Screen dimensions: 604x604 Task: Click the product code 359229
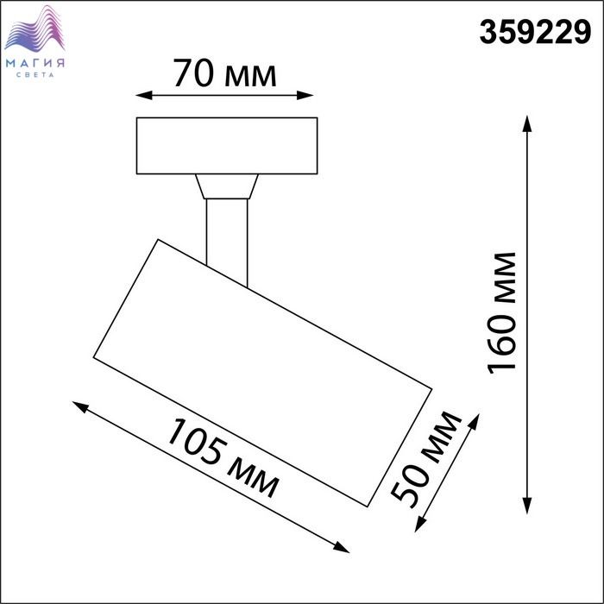[x=535, y=33]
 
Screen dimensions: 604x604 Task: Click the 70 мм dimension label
[x=224, y=73]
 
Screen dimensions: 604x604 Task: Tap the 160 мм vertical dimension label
[x=501, y=313]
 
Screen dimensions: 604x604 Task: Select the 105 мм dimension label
[x=223, y=458]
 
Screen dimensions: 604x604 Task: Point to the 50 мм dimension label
[x=426, y=460]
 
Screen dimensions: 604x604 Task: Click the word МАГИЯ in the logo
[x=35, y=63]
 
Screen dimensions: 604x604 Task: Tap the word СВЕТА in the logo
[x=35, y=75]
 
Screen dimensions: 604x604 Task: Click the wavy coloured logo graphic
[x=35, y=28]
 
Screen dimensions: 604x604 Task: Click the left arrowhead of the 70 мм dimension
[x=144, y=95]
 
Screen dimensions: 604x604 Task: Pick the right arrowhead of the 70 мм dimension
[x=305, y=95]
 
